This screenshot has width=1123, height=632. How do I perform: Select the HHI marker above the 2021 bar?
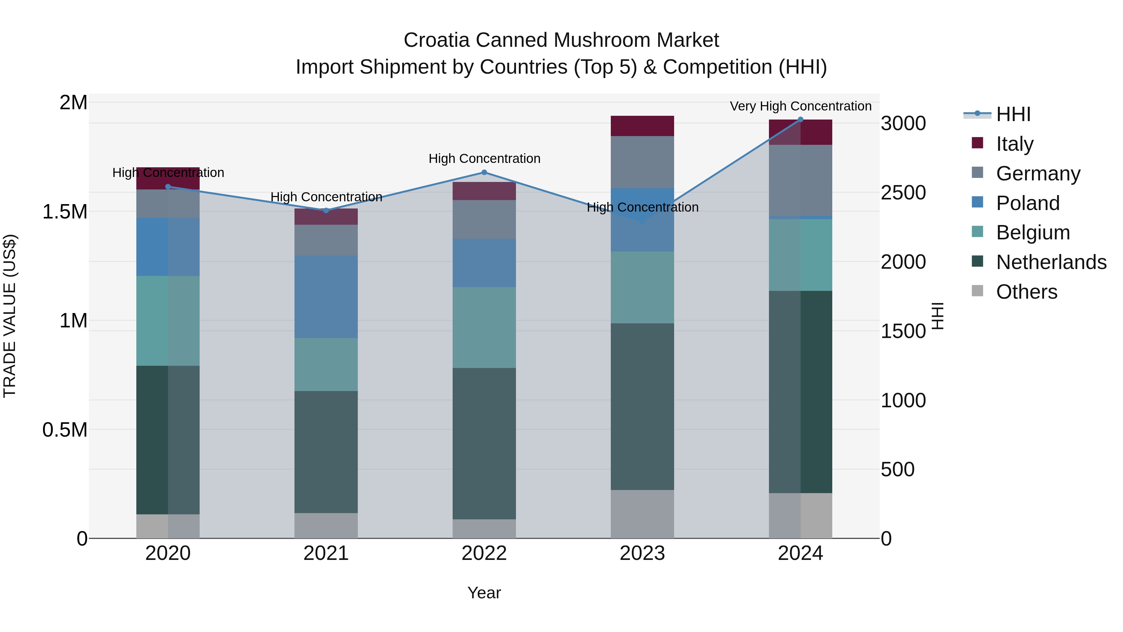pos(326,211)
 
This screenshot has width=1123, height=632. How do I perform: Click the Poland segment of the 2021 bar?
pos(326,296)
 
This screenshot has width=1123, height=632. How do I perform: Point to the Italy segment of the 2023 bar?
pos(642,126)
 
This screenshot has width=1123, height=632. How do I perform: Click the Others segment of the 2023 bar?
pos(642,514)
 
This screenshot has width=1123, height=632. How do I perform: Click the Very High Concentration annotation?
pos(800,106)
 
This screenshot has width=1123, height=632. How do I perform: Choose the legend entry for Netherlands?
pos(1051,262)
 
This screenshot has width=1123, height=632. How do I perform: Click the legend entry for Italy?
pos(1014,144)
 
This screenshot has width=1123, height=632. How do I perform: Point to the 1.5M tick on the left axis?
pos(65,212)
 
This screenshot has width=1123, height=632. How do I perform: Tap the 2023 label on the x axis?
pos(642,553)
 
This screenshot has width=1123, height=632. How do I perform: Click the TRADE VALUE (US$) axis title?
pos(10,316)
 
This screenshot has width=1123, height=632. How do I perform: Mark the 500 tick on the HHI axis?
pos(897,470)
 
